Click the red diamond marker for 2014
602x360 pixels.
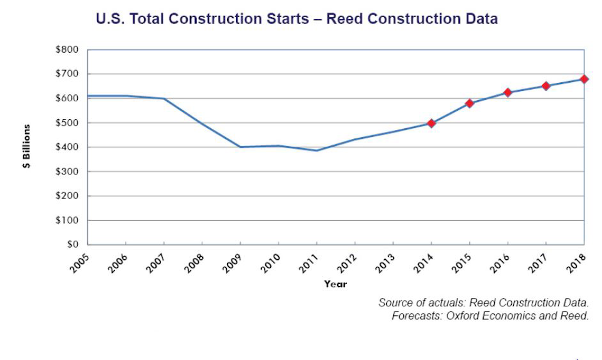(431, 123)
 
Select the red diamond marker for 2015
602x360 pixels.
(470, 103)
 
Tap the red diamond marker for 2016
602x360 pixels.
(508, 92)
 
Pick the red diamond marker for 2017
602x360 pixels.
(546, 86)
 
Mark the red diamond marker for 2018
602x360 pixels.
(584, 79)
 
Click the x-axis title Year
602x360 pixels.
(335, 284)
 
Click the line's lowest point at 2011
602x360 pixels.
(317, 150)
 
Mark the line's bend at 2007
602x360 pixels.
(164, 99)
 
